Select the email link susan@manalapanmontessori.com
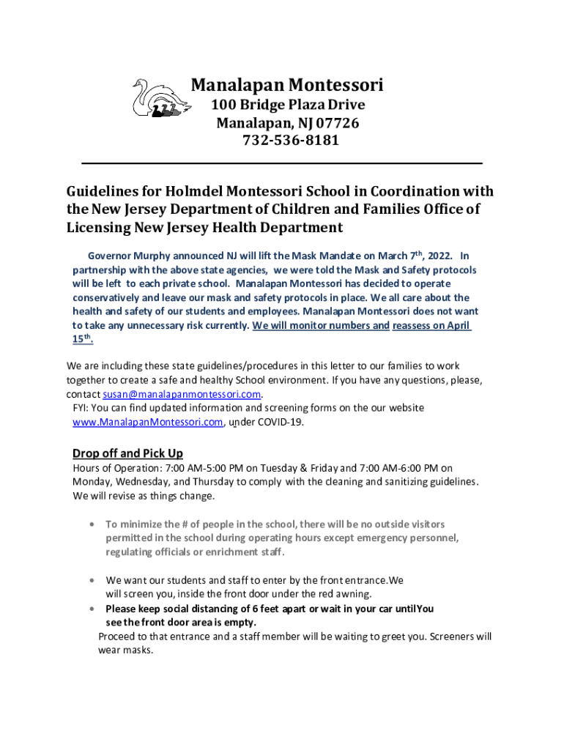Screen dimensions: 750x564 [177, 394]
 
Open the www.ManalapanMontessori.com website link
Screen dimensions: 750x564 [147, 423]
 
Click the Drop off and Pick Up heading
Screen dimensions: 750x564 [127, 453]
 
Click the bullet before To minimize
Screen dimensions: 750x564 [90, 524]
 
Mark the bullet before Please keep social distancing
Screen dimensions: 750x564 [90, 609]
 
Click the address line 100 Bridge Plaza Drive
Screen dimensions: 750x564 [288, 105]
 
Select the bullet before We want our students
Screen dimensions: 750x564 [90, 580]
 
